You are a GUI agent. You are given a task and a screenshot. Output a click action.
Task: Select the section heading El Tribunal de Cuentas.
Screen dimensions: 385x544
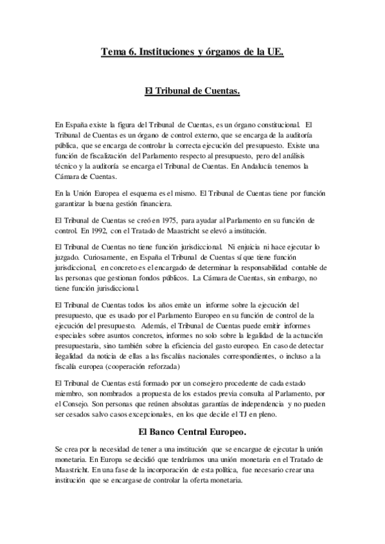193,92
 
